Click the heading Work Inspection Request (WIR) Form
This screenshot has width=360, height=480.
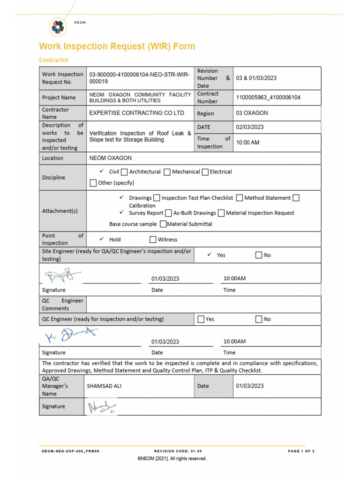point(117,46)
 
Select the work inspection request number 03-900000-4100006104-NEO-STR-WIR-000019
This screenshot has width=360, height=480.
point(139,78)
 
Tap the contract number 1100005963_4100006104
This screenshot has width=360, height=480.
point(268,97)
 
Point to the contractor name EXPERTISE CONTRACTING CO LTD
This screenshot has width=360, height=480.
point(136,113)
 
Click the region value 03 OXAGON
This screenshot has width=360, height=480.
point(252,113)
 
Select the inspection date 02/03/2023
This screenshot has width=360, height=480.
point(250,127)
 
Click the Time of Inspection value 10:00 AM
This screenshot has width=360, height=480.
point(247,142)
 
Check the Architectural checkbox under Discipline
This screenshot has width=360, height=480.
point(124,172)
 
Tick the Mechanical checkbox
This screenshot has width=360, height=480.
point(167,172)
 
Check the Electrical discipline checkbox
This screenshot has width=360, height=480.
point(205,172)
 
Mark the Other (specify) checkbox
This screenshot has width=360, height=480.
point(93,183)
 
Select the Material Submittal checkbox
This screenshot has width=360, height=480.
point(163,224)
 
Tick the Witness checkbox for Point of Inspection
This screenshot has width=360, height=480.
point(153,240)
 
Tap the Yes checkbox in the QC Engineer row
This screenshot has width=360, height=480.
point(201,319)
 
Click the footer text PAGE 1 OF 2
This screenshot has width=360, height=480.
point(301,451)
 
